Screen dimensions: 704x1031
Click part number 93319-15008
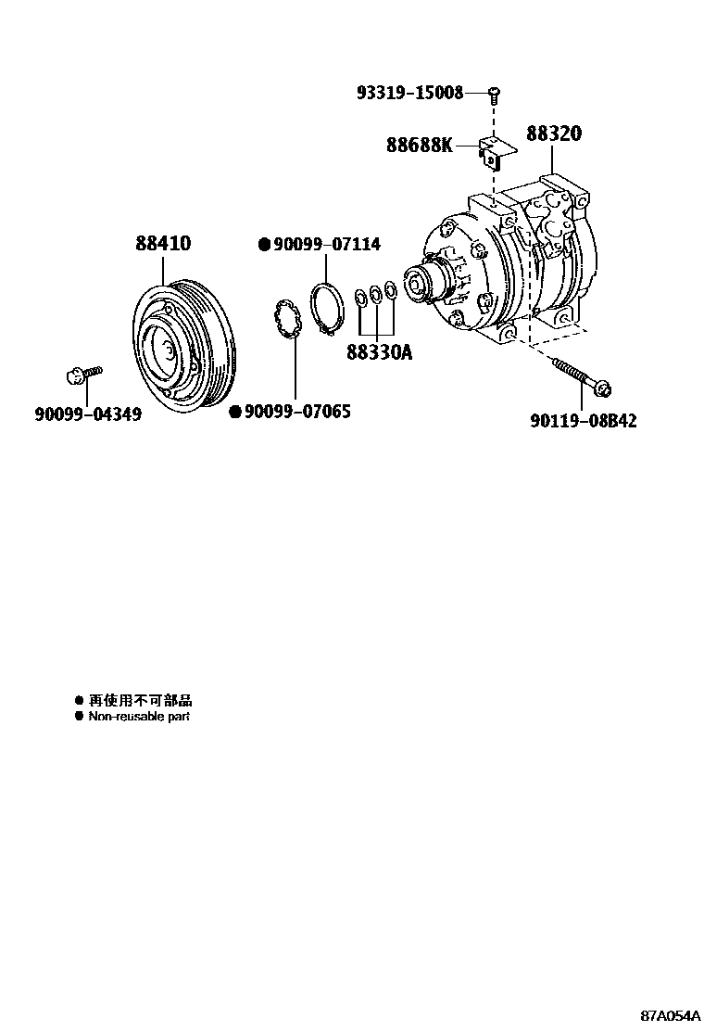click(x=409, y=93)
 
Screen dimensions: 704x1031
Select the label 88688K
click(x=420, y=145)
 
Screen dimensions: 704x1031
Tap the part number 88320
click(x=554, y=134)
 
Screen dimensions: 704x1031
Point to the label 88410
click(x=163, y=243)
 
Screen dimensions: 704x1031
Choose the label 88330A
click(x=380, y=352)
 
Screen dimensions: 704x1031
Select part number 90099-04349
click(x=88, y=414)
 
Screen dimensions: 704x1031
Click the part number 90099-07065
click(x=297, y=411)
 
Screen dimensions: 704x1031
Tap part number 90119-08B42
click(x=584, y=420)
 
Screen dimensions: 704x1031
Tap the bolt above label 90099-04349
click(x=82, y=375)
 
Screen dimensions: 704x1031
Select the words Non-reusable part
click(x=139, y=717)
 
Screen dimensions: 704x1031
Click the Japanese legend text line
click(x=140, y=701)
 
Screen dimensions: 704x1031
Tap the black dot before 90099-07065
click(x=235, y=411)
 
